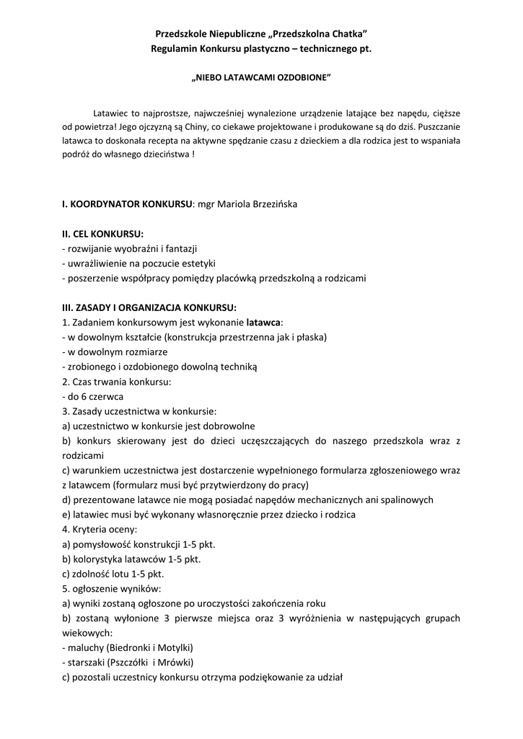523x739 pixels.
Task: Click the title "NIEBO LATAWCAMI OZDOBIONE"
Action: point(260,76)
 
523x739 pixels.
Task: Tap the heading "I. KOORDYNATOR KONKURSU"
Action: point(127,204)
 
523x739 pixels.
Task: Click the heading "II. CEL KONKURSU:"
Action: point(103,234)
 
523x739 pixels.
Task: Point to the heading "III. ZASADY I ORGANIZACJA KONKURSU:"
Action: point(149,307)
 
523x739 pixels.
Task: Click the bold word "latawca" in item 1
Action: point(263,322)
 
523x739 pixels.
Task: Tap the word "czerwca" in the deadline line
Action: point(107,396)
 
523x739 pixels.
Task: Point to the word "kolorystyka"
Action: point(95,559)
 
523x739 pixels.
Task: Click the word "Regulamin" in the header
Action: point(175,48)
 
